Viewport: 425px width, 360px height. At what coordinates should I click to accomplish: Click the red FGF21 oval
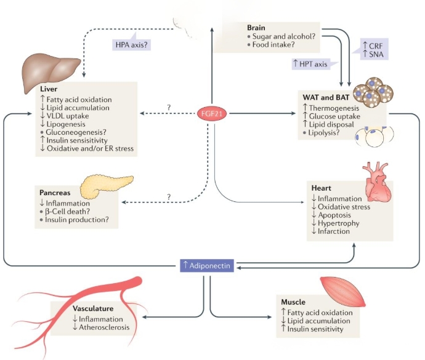(x=212, y=113)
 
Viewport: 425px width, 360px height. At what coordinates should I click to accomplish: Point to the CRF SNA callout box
(x=375, y=49)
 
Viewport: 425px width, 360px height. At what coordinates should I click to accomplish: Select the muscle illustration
(x=341, y=292)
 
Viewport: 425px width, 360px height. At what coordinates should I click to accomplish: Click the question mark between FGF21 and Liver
(x=168, y=107)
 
